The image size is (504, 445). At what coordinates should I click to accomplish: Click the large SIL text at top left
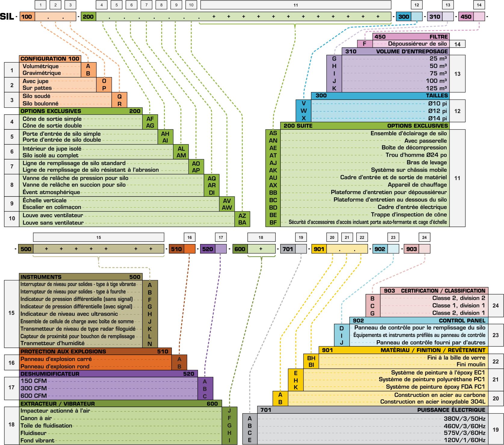[x=7, y=17]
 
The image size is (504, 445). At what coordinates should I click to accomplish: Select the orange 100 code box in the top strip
[x=27, y=17]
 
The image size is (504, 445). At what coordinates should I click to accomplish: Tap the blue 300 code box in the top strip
[x=404, y=17]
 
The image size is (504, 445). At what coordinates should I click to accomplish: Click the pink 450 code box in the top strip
[x=466, y=17]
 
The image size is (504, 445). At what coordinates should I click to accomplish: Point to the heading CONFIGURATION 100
[x=50, y=59]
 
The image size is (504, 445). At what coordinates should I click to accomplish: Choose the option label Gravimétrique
[x=42, y=73]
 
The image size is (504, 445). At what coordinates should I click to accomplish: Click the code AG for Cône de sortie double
[x=150, y=126]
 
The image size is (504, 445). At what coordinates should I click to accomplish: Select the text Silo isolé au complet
[x=50, y=156]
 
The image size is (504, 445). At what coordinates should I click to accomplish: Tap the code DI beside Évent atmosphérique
[x=212, y=193]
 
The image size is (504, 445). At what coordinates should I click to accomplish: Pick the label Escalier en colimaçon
[x=52, y=207]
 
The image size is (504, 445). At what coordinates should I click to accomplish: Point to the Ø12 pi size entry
[x=437, y=111]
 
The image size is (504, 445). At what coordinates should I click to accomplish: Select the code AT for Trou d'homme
[x=273, y=156]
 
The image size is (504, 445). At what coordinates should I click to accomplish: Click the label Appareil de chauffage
[x=417, y=185]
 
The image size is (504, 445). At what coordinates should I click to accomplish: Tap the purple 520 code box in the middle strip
[x=207, y=249]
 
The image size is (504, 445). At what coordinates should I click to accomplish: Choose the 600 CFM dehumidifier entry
[x=34, y=396]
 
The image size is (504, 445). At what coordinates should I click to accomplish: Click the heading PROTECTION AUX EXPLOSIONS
[x=63, y=351]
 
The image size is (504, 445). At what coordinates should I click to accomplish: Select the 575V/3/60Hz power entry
[x=464, y=433]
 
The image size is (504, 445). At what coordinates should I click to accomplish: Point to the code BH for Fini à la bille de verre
[x=311, y=358]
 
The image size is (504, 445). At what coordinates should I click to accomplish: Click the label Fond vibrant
[x=37, y=441]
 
